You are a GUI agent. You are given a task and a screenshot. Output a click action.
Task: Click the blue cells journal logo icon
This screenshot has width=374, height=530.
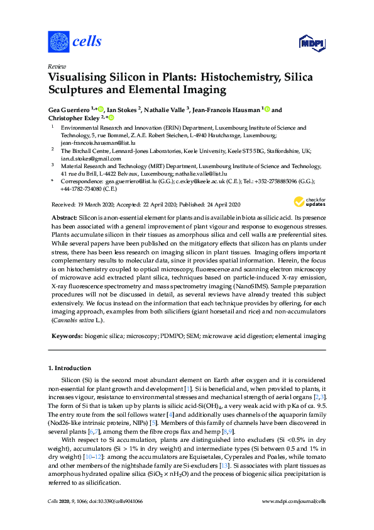click(x=58, y=42)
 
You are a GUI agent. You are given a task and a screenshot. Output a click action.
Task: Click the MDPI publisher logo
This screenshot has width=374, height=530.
click(x=311, y=42)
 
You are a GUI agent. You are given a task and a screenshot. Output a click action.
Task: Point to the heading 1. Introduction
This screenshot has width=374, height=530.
click(x=70, y=368)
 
